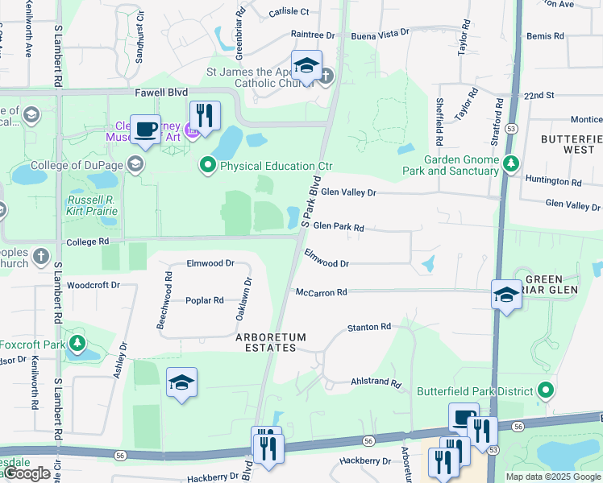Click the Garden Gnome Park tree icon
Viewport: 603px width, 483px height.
tap(510, 164)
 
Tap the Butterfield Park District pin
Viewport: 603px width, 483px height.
tap(546, 391)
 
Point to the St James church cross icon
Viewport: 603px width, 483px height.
tap(326, 77)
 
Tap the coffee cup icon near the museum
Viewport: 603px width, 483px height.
tap(145, 129)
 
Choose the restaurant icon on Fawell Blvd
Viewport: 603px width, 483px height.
tap(205, 115)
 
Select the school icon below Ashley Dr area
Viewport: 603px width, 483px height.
tap(182, 382)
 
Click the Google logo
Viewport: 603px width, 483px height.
tap(27, 473)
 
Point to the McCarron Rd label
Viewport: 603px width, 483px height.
tap(321, 292)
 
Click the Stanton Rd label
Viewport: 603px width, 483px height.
tap(368, 327)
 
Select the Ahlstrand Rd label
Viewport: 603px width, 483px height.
tap(376, 383)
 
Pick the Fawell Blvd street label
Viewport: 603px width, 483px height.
tap(161, 93)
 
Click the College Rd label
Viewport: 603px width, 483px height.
tap(88, 242)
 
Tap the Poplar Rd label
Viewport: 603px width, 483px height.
tap(204, 300)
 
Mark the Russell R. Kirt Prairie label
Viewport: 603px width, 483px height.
tap(93, 205)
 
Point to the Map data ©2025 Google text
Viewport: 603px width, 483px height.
tap(552, 476)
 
